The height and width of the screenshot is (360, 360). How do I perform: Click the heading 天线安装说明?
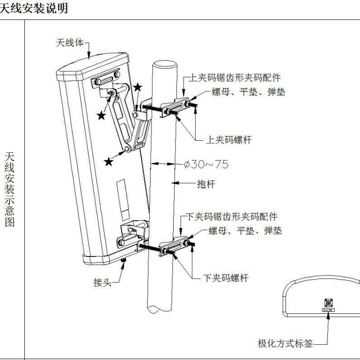tap(34, 8)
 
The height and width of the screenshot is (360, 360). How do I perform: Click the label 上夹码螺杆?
tap(228, 140)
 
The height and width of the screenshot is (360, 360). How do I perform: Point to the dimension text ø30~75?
tap(206, 164)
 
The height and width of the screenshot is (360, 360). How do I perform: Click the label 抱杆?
tap(206, 184)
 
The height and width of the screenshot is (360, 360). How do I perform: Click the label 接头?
tap(102, 283)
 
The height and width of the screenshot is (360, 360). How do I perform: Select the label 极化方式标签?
tap(285, 344)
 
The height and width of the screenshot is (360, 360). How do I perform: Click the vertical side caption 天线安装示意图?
tap(9, 189)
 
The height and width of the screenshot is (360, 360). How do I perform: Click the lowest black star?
tap(109, 161)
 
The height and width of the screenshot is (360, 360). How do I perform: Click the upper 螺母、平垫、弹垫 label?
tap(249, 92)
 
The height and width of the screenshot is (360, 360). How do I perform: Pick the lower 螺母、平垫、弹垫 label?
tap(245, 231)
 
